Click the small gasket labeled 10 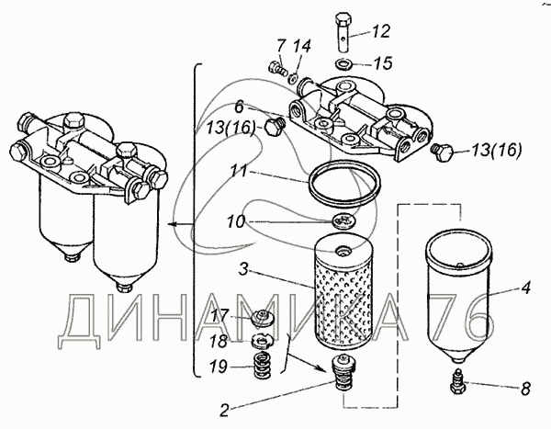(340, 223)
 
